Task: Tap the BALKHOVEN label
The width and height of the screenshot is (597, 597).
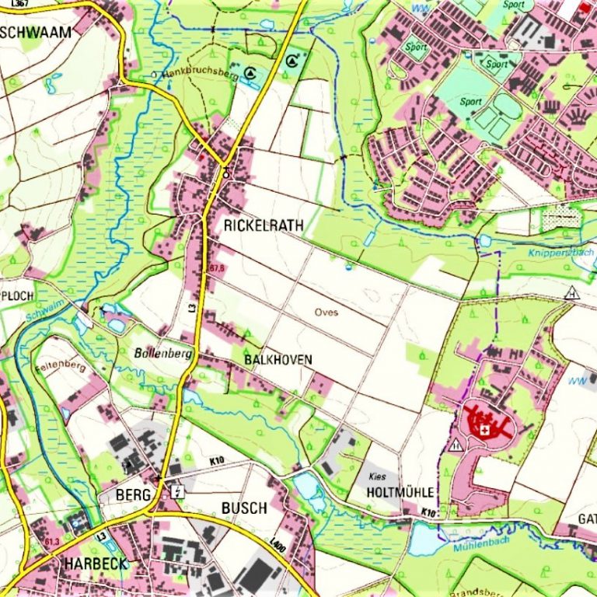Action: (278, 360)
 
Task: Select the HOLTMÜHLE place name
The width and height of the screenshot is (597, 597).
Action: (401, 493)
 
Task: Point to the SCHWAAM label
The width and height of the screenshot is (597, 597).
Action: (37, 32)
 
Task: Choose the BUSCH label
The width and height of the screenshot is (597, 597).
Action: (244, 508)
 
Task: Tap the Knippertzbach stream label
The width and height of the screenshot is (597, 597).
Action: (560, 253)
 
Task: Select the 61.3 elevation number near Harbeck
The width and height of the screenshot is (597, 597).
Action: (52, 541)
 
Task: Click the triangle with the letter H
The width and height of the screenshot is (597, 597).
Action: (572, 293)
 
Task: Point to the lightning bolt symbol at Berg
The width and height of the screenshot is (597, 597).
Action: (180, 491)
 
